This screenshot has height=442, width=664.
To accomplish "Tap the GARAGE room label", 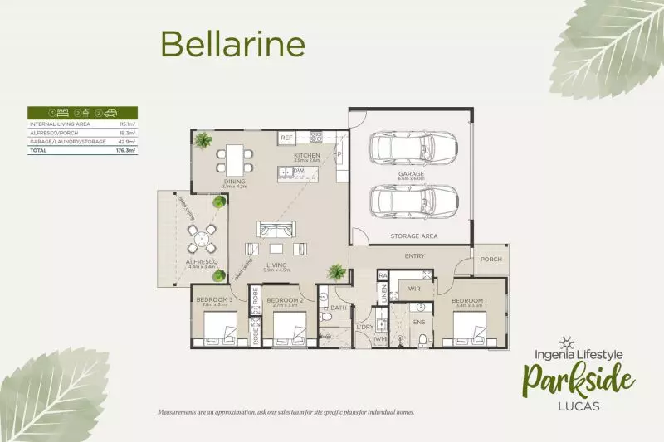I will (x=410, y=173).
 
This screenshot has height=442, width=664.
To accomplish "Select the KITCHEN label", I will (x=307, y=155).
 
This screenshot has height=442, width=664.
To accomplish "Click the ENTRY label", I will (x=415, y=256).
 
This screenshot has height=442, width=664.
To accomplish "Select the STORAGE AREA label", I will (x=414, y=236).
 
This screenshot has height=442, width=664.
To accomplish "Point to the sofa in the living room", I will (x=275, y=231).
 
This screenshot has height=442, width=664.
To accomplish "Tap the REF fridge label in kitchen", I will (x=286, y=137).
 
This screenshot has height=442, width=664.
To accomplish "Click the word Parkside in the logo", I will (x=579, y=382).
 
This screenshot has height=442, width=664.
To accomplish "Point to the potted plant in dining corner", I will (x=202, y=140).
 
